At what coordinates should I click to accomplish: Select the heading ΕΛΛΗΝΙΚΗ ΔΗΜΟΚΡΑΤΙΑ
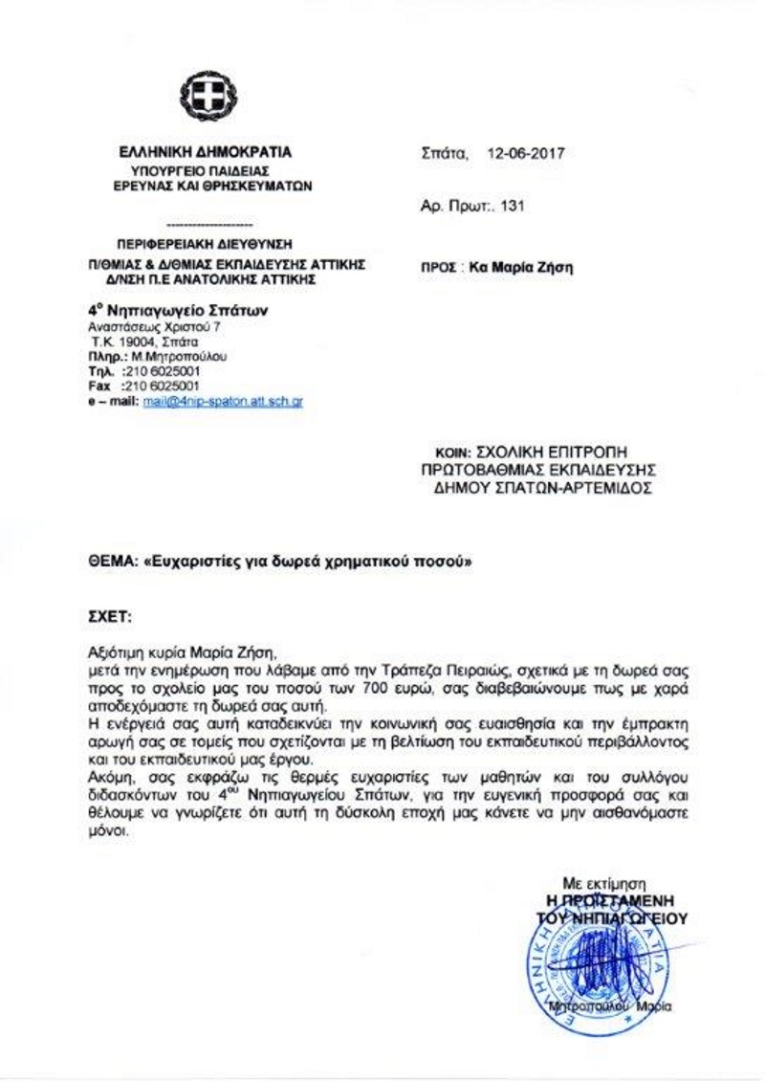(206, 152)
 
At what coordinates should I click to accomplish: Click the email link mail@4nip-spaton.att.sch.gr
(222, 403)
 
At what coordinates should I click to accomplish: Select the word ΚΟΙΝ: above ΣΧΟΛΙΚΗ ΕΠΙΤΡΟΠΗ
(442, 449)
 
